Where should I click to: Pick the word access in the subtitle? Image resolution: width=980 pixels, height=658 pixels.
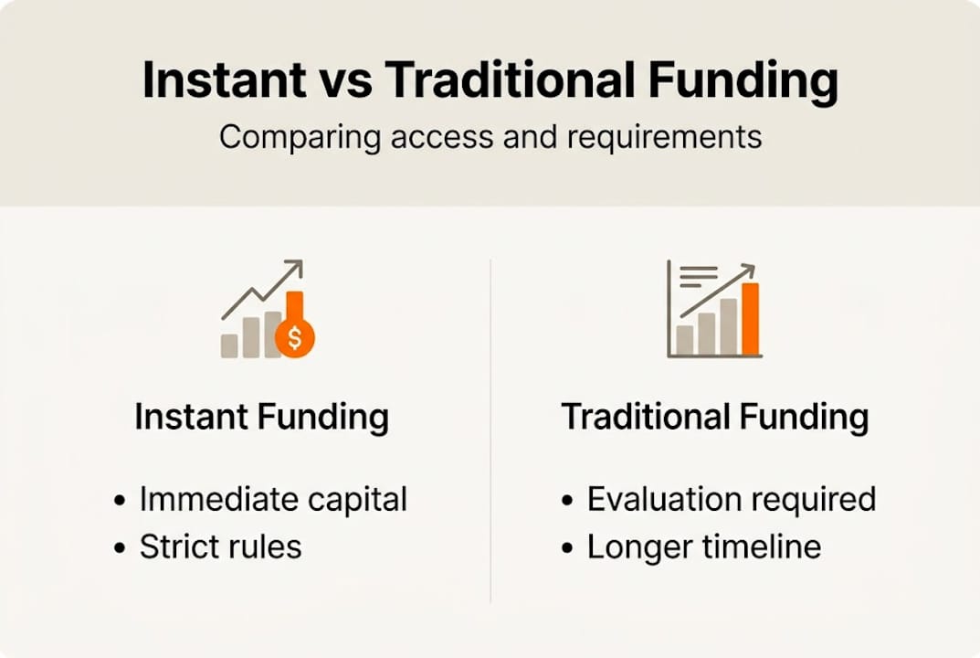coord(439,137)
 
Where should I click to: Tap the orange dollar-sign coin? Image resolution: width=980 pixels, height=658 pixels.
coord(294,338)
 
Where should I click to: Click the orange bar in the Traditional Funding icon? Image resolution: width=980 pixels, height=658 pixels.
coord(750,318)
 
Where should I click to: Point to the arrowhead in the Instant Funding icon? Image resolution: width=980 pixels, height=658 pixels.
coord(294,268)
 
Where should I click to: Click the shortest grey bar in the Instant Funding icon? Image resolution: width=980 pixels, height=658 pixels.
coord(229,345)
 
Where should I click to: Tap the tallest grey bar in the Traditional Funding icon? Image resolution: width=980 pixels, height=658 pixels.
coord(728,326)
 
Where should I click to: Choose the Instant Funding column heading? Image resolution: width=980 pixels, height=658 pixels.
coord(261,417)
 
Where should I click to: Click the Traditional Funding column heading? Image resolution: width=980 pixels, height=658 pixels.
coord(714,417)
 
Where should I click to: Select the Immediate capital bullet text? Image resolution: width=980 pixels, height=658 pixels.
coord(273,500)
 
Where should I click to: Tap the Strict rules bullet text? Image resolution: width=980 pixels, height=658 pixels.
coord(220,547)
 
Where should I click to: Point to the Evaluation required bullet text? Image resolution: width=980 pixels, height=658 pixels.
coord(731,500)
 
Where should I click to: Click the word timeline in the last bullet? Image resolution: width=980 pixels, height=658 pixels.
coord(765,547)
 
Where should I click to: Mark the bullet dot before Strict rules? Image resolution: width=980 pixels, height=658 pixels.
coord(120,548)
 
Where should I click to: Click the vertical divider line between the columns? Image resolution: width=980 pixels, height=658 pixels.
coord(490,430)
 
